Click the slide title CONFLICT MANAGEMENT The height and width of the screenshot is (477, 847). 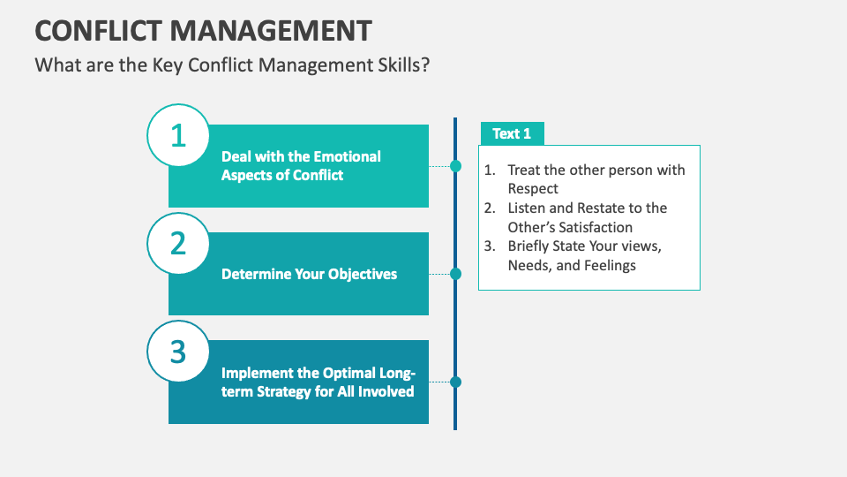click(x=203, y=30)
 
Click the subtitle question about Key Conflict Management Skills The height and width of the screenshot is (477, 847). click(x=232, y=65)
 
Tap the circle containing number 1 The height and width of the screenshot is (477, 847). click(x=178, y=135)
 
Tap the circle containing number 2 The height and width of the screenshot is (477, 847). click(x=178, y=243)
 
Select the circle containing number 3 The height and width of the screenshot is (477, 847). click(x=178, y=351)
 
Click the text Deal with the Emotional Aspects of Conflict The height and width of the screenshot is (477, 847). click(x=301, y=165)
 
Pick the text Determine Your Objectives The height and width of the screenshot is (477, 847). click(x=309, y=274)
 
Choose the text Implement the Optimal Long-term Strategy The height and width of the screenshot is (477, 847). click(x=318, y=382)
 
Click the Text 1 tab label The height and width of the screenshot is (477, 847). click(x=512, y=133)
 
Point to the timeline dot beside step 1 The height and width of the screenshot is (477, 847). click(x=455, y=165)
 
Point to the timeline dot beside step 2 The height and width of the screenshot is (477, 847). click(x=455, y=274)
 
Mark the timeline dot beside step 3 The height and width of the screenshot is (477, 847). click(x=455, y=382)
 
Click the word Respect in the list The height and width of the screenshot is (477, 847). click(x=533, y=189)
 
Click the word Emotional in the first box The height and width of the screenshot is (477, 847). click(x=348, y=156)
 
